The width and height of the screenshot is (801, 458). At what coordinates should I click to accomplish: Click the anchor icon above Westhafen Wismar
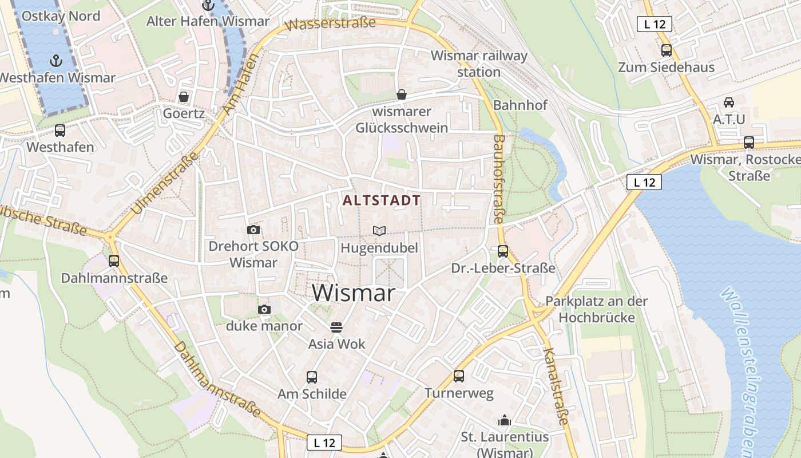tap(56, 60)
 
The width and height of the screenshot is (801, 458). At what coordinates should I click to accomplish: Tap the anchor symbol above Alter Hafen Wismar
tap(208, 5)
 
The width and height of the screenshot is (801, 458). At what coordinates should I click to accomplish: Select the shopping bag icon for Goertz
tap(184, 96)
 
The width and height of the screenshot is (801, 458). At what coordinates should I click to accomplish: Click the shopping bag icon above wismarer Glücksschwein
tap(402, 94)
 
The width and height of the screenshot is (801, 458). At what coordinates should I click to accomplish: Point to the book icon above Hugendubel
tap(379, 231)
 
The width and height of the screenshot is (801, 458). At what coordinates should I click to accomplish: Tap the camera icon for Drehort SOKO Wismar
tap(253, 230)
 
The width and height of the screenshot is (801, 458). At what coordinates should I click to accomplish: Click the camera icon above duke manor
tap(264, 309)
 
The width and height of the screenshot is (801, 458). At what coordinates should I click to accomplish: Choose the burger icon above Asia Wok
tap(336, 327)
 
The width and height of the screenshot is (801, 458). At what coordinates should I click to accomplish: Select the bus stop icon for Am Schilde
tap(312, 377)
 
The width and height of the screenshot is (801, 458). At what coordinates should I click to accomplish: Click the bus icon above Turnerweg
tap(459, 376)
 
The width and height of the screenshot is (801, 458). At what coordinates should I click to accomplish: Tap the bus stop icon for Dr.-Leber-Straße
tap(503, 251)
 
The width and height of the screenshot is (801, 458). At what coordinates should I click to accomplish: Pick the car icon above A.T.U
tap(729, 102)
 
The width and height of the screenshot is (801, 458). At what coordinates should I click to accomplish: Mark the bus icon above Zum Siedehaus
tap(667, 50)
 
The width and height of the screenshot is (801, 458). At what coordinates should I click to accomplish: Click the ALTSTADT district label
tap(382, 200)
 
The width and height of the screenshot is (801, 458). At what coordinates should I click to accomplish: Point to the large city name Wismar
tap(354, 293)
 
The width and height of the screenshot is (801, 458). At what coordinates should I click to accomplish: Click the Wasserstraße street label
tap(331, 24)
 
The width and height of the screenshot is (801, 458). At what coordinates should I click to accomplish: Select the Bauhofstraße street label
tap(498, 179)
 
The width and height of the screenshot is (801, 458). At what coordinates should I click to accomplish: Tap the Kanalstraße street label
tap(556, 386)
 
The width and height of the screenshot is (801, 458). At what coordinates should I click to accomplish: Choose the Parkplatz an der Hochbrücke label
tap(596, 309)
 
